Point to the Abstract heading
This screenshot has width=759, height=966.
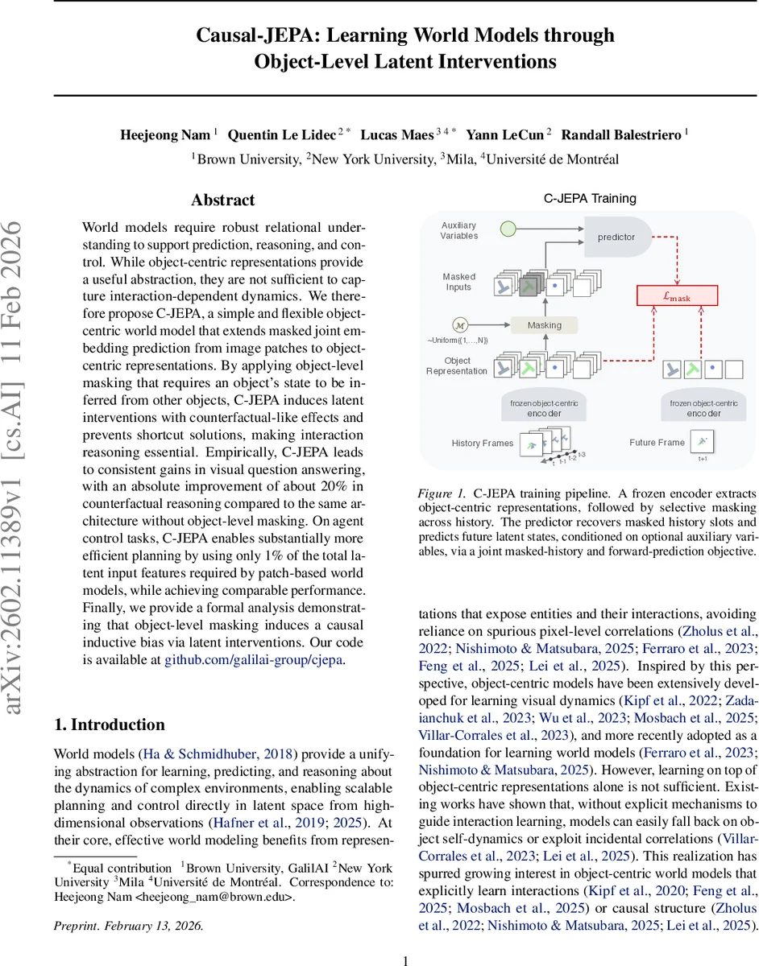tap(223, 200)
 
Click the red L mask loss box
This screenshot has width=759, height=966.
tap(677, 296)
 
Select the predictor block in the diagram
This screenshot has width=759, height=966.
tap(616, 237)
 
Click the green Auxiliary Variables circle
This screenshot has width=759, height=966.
tap(508, 230)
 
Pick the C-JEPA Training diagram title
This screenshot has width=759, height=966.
tap(588, 199)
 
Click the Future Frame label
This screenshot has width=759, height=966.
tap(657, 442)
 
